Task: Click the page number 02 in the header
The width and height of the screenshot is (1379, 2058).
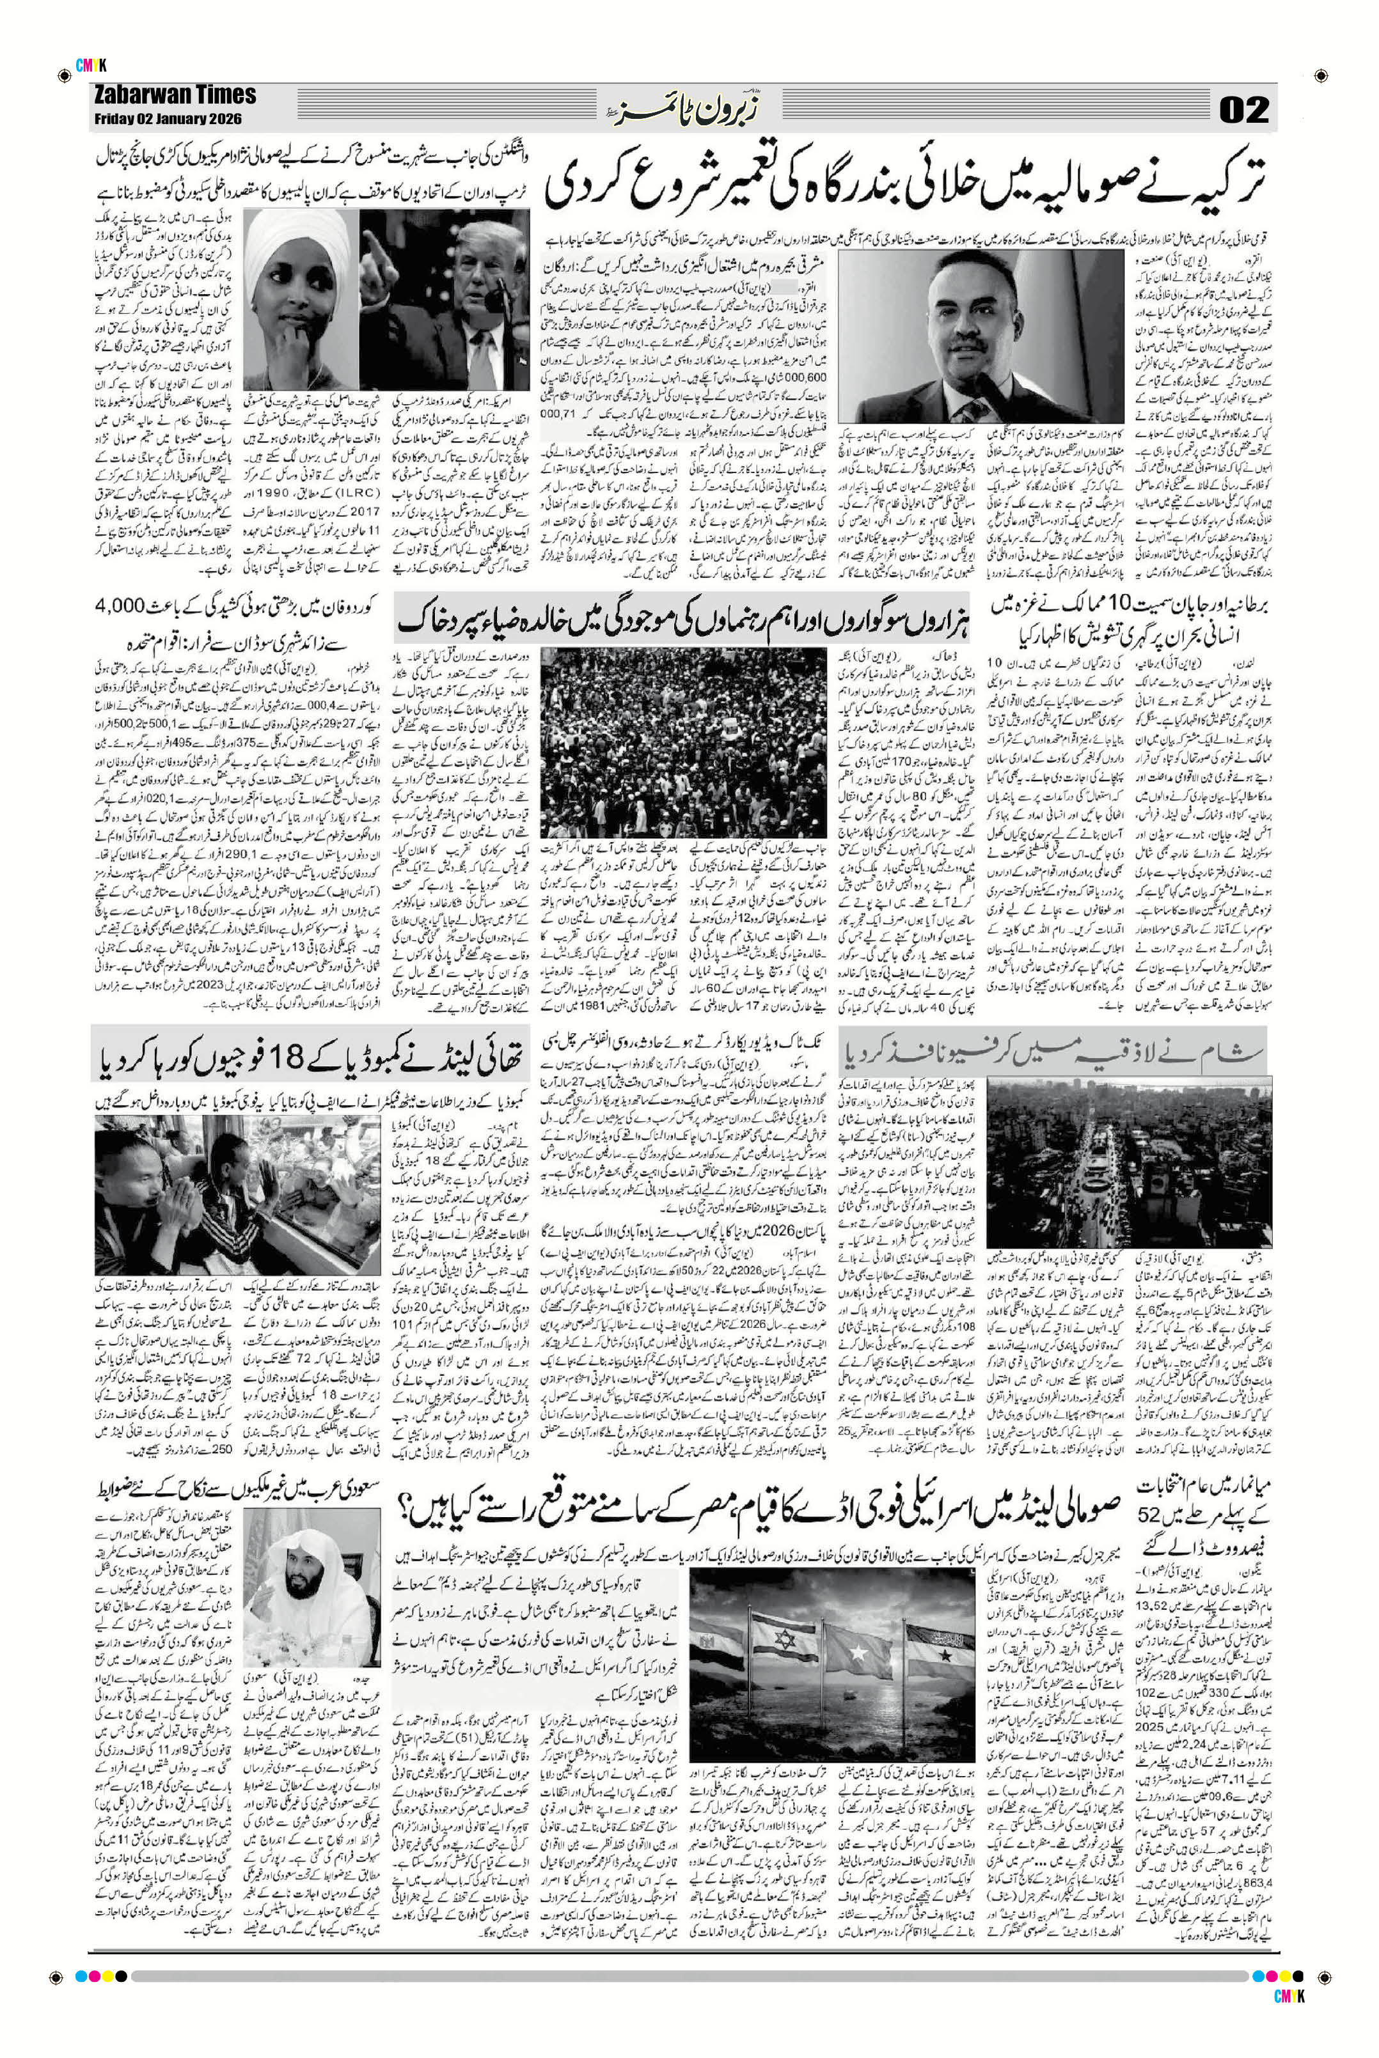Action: (1243, 111)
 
